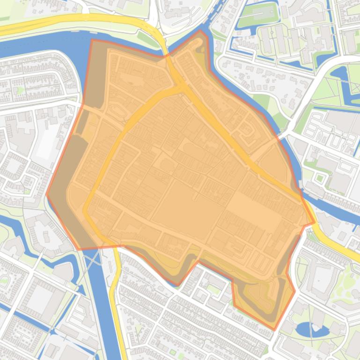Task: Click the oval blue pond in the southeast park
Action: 306,329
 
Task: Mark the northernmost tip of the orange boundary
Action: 200,30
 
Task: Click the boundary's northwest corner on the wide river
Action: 92,40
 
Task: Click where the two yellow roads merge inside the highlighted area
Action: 180,87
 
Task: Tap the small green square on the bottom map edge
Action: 174,351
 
